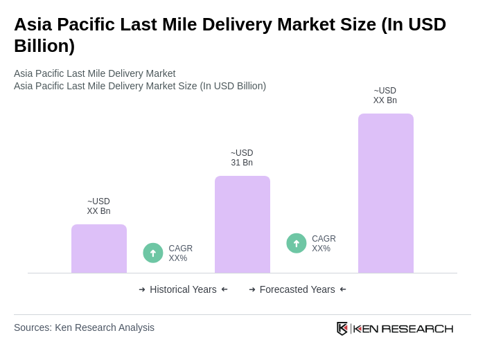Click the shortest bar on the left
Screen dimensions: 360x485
pyautogui.click(x=99, y=249)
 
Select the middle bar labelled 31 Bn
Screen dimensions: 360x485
pyautogui.click(x=242, y=224)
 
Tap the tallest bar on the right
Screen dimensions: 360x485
pyautogui.click(x=385, y=193)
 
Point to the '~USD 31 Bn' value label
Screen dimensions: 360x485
pyautogui.click(x=242, y=158)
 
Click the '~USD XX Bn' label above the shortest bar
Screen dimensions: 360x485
pyautogui.click(x=98, y=206)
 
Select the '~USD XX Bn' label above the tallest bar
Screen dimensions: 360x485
pyautogui.click(x=385, y=96)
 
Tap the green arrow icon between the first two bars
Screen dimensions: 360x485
pyautogui.click(x=153, y=253)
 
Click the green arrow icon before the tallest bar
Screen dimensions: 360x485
pyautogui.click(x=297, y=243)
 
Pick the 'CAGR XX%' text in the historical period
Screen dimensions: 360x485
pyautogui.click(x=180, y=253)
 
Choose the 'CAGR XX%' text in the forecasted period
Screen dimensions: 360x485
pyautogui.click(x=324, y=244)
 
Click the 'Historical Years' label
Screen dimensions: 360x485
pyautogui.click(x=183, y=289)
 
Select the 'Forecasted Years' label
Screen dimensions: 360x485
pyautogui.click(x=297, y=289)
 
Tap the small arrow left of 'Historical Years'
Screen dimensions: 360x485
pyautogui.click(x=142, y=289)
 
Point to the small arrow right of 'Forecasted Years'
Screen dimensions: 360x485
pyautogui.click(x=343, y=289)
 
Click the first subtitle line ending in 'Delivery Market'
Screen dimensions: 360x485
pyautogui.click(x=94, y=73)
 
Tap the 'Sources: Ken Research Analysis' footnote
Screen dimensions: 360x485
pyautogui.click(x=84, y=327)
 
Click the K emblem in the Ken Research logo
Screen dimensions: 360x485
pyautogui.click(x=342, y=328)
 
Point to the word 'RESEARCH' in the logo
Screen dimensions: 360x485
pyautogui.click(x=417, y=328)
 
